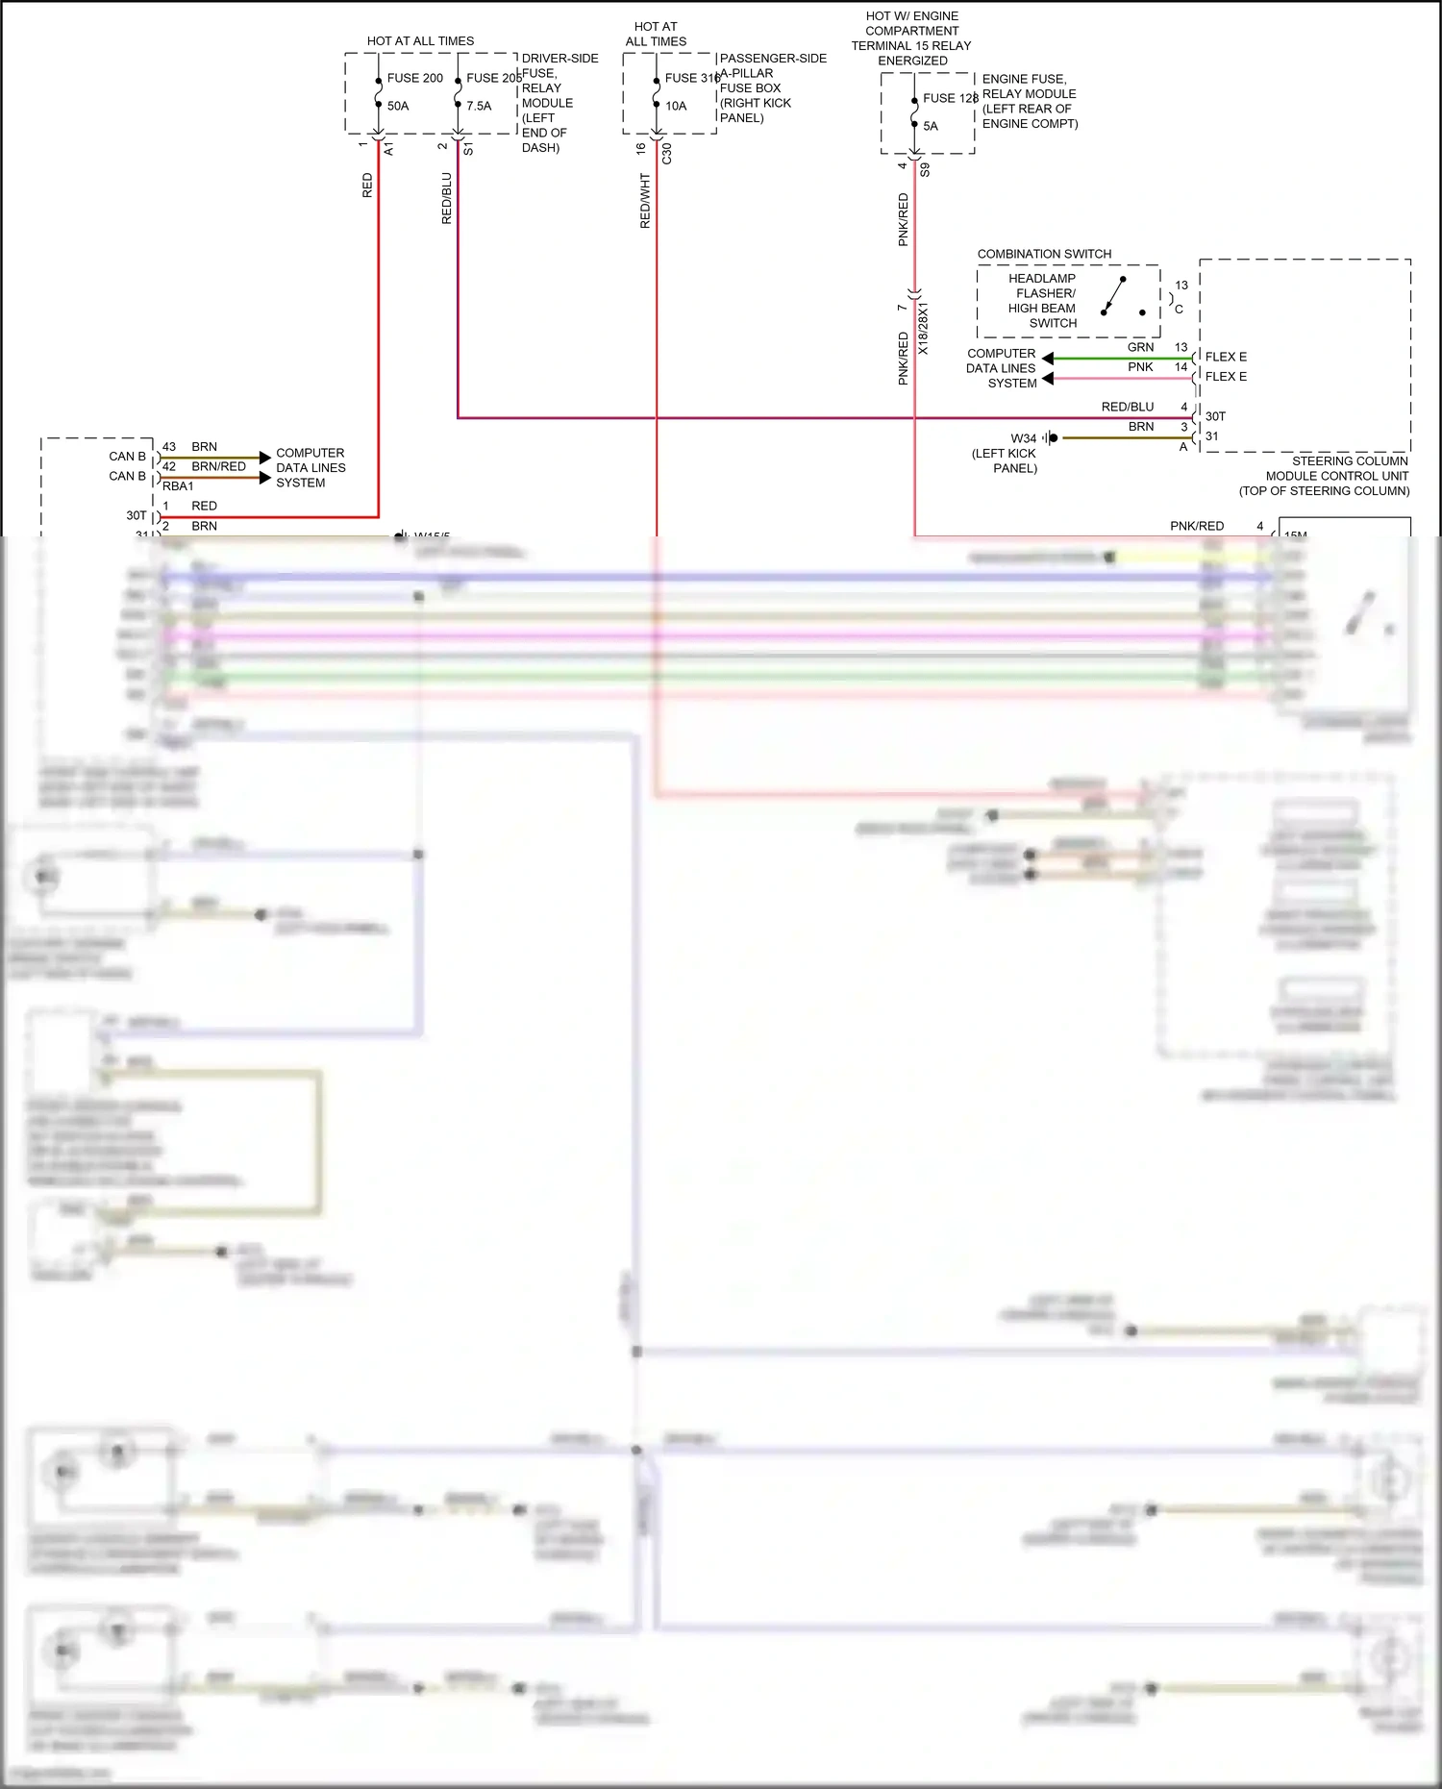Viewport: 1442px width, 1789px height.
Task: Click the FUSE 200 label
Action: pyautogui.click(x=414, y=78)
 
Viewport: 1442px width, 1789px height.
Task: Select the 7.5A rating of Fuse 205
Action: pyautogui.click(x=479, y=106)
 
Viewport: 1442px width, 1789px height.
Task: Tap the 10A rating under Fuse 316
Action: pyautogui.click(x=676, y=106)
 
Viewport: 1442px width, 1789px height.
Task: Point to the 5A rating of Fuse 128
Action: pyautogui.click(x=930, y=126)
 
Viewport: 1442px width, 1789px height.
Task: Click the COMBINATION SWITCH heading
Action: pyautogui.click(x=1044, y=254)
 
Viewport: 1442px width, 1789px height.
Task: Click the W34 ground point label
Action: pyautogui.click(x=1023, y=438)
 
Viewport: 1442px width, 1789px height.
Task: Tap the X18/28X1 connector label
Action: pyautogui.click(x=923, y=329)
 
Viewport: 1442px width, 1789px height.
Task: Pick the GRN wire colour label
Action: pyautogui.click(x=1140, y=347)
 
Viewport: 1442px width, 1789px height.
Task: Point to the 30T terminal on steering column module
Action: pyautogui.click(x=1215, y=416)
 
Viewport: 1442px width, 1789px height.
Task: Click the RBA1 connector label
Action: pyautogui.click(x=178, y=486)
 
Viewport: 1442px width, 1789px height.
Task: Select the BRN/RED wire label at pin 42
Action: pyautogui.click(x=218, y=466)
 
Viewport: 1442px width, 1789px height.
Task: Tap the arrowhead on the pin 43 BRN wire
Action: pyautogui.click(x=265, y=458)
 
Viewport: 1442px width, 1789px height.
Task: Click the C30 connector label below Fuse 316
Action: pyautogui.click(x=667, y=153)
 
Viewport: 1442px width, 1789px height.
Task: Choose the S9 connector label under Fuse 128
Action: pyautogui.click(x=925, y=170)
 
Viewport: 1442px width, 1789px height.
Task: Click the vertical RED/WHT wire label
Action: pyautogui.click(x=645, y=201)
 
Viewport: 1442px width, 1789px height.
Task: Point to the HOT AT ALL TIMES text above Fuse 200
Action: pyautogui.click(x=420, y=41)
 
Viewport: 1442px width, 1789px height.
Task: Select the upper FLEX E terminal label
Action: pyautogui.click(x=1226, y=357)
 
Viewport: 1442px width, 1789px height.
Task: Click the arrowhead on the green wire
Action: pyautogui.click(x=1048, y=359)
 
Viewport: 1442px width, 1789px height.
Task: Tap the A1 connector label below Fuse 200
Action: pyautogui.click(x=388, y=149)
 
